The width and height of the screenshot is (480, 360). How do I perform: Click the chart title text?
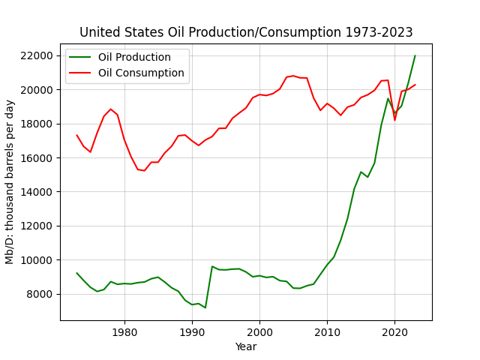click(246, 32)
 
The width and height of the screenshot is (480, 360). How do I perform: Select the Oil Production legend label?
click(134, 57)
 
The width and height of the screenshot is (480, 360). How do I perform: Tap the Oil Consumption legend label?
click(141, 73)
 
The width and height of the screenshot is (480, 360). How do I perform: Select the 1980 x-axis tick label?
click(124, 332)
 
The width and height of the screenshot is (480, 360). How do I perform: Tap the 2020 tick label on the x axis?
click(395, 332)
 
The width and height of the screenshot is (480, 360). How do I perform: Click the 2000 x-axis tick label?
click(260, 332)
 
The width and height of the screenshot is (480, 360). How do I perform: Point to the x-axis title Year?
click(246, 346)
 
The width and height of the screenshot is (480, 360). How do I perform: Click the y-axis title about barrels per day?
click(10, 181)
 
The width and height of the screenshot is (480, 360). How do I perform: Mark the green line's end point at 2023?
click(415, 55)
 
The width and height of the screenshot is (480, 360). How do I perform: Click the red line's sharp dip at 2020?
click(395, 120)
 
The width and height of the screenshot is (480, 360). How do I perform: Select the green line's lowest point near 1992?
click(205, 307)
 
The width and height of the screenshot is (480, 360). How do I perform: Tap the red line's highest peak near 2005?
click(293, 76)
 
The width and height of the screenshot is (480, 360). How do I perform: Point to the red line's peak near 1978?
click(111, 109)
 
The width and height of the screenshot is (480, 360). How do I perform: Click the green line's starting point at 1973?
click(76, 273)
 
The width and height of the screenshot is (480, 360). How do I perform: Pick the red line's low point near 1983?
click(145, 170)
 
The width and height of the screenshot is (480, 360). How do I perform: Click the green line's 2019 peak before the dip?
click(388, 98)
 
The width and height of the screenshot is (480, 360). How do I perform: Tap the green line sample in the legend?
click(80, 57)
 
